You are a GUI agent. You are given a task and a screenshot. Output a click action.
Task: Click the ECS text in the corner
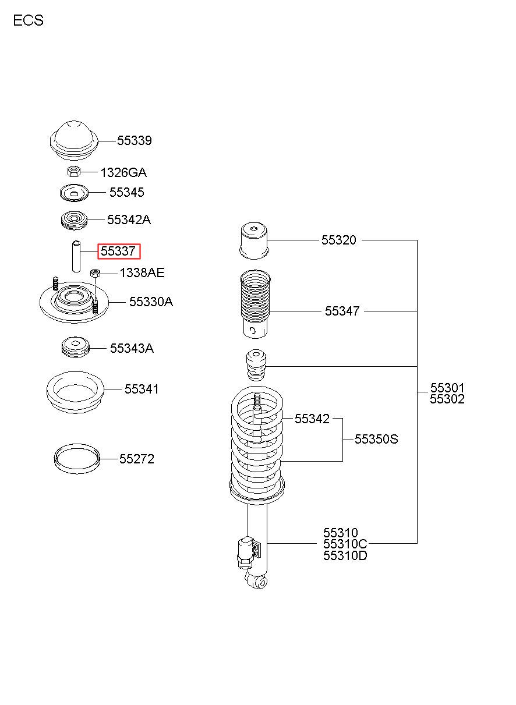(29, 20)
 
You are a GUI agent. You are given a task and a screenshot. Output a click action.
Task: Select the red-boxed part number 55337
(118, 251)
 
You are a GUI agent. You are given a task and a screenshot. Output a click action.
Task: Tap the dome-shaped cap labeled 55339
(74, 141)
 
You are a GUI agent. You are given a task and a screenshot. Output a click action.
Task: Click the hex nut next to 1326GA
(74, 172)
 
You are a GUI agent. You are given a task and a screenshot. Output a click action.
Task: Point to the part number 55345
(126, 192)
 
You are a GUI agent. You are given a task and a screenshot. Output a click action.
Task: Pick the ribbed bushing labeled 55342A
(74, 220)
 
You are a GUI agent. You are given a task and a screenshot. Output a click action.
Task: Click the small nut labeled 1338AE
(95, 272)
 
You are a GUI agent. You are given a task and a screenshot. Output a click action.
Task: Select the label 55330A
(151, 302)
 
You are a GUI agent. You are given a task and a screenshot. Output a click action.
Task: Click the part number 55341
(142, 389)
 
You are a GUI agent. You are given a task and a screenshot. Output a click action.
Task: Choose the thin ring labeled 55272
(77, 458)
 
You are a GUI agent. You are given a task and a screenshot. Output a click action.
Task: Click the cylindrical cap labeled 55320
(255, 241)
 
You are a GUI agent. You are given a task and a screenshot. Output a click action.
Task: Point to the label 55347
(342, 311)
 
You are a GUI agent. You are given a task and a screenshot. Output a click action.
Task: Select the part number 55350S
(376, 439)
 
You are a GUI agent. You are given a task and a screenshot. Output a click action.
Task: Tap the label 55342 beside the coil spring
(312, 419)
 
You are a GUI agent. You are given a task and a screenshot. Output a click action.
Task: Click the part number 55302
(447, 399)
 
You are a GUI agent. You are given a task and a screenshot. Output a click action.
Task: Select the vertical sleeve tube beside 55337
(76, 256)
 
